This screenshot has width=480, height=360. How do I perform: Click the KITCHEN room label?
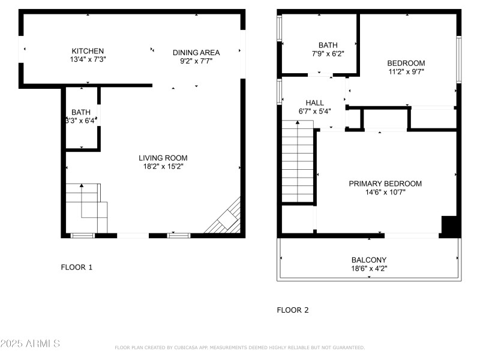(88, 51)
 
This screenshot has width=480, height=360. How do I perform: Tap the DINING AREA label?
(196, 52)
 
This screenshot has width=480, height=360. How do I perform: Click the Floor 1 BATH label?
(81, 112)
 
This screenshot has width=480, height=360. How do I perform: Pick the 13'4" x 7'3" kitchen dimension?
(88, 59)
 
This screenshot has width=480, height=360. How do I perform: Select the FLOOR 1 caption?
(77, 267)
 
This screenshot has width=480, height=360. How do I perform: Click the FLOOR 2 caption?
(292, 310)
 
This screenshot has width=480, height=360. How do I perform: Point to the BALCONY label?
(369, 260)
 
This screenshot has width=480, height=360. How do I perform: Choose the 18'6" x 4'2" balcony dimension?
(369, 268)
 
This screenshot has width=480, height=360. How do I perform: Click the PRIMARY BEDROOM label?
(385, 184)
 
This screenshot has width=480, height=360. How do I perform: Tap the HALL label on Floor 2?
(314, 103)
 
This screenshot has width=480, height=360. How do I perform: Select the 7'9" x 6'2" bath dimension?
(328, 53)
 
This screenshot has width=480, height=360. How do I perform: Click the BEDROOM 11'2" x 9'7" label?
(406, 67)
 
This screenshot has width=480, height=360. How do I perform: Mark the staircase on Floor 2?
(298, 162)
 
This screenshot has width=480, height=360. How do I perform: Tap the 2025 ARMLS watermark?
(30, 344)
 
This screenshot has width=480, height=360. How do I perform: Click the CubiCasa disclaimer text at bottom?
(239, 347)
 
